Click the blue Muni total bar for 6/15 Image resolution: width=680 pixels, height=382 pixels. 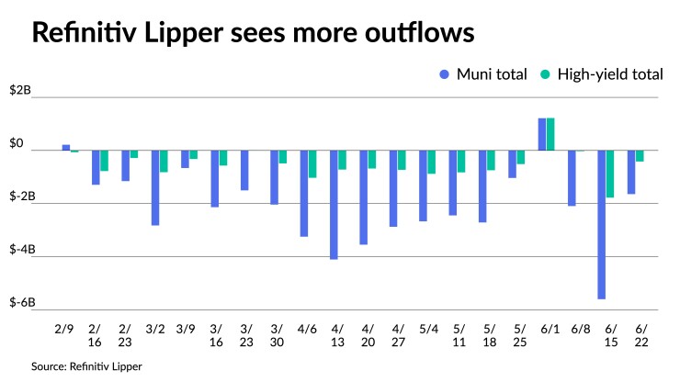point(602,224)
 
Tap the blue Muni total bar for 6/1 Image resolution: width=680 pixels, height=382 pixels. point(542,134)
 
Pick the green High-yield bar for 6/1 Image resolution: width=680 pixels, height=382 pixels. point(550,134)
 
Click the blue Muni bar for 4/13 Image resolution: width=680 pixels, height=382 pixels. point(334,205)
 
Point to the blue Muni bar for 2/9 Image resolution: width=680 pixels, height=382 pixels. point(66,147)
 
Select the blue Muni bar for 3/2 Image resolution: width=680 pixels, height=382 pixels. point(155,187)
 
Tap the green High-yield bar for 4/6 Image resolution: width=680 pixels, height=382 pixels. point(312,163)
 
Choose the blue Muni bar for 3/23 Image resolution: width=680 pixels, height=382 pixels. point(244,170)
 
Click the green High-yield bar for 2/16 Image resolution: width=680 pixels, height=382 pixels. point(104,161)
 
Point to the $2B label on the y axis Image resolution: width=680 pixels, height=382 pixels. point(20,91)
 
